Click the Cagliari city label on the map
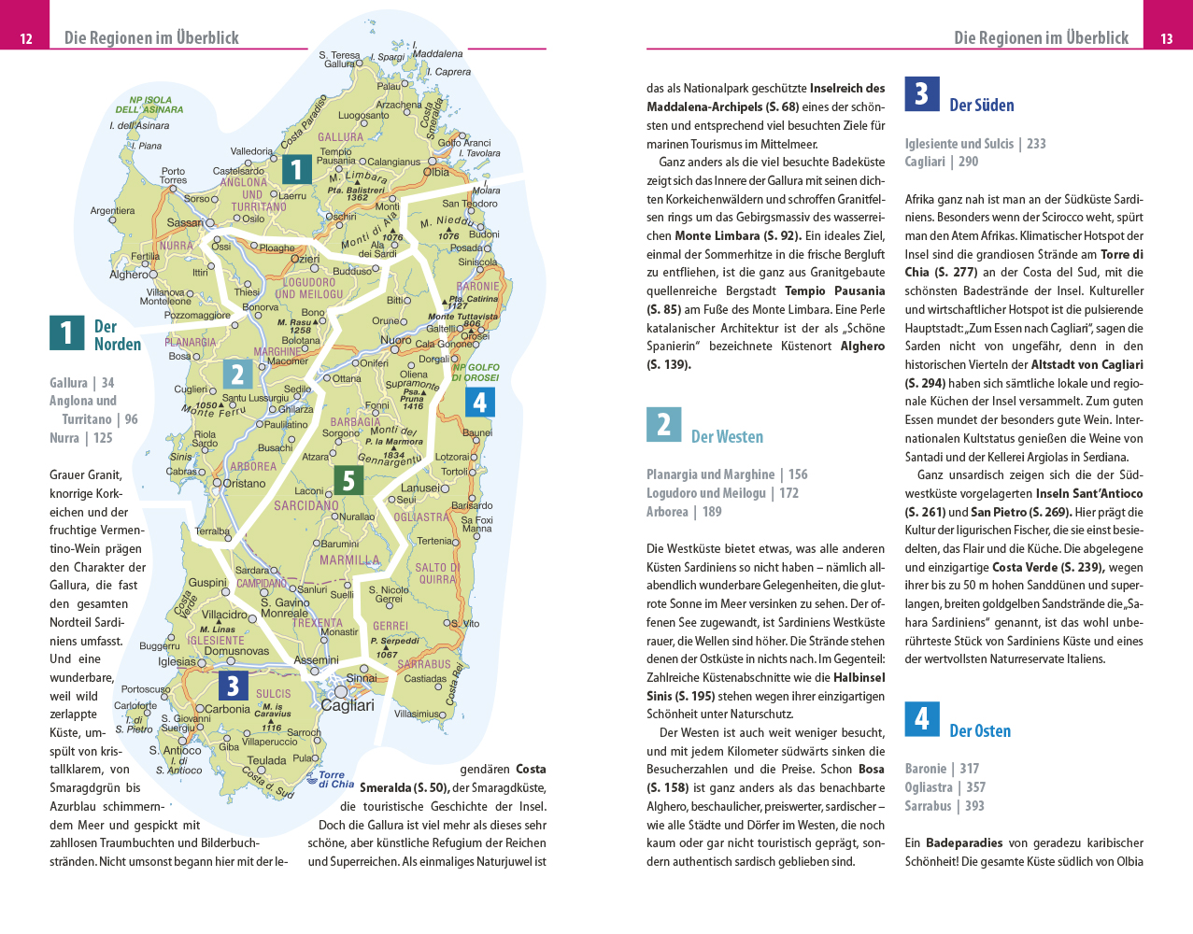pyautogui.click(x=348, y=706)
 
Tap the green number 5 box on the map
pyautogui.click(x=348, y=480)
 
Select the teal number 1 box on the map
pyautogui.click(x=296, y=169)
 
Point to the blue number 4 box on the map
pyautogui.click(x=479, y=402)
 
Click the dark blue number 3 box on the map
pyautogui.click(x=233, y=686)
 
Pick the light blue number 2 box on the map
pyautogui.click(x=237, y=375)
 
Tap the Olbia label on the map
pyautogui.click(x=436, y=172)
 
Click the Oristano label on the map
pyautogui.click(x=245, y=484)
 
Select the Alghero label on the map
pyautogui.click(x=129, y=275)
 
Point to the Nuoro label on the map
pyautogui.click(x=396, y=340)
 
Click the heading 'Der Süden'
pyautogui.click(x=981, y=106)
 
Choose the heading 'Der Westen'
pyautogui.click(x=727, y=437)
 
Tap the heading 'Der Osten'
pyautogui.click(x=980, y=731)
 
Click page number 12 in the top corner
pyautogui.click(x=26, y=38)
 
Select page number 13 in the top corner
pyautogui.click(x=1167, y=38)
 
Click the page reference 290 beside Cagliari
pyautogui.click(x=968, y=162)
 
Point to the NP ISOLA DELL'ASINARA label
pyautogui.click(x=149, y=105)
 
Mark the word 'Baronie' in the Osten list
pyautogui.click(x=925, y=769)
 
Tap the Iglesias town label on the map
pyautogui.click(x=177, y=661)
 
